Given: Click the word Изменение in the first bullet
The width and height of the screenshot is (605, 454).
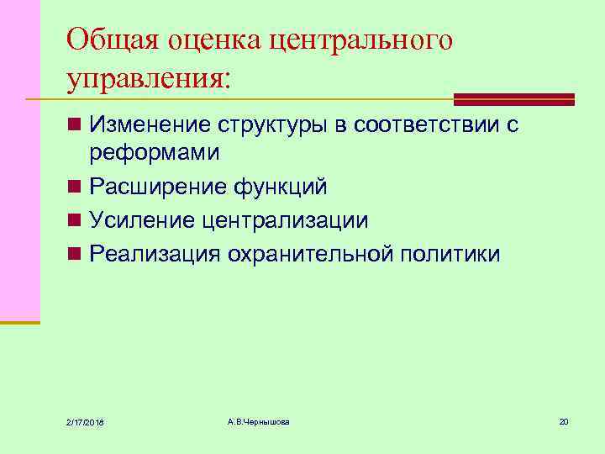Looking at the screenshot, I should click(x=150, y=125).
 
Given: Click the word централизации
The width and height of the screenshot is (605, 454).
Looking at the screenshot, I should click(x=285, y=220).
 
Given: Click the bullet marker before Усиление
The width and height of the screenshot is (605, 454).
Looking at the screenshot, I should click(x=75, y=220).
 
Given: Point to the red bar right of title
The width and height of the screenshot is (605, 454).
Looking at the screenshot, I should click(x=513, y=98).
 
